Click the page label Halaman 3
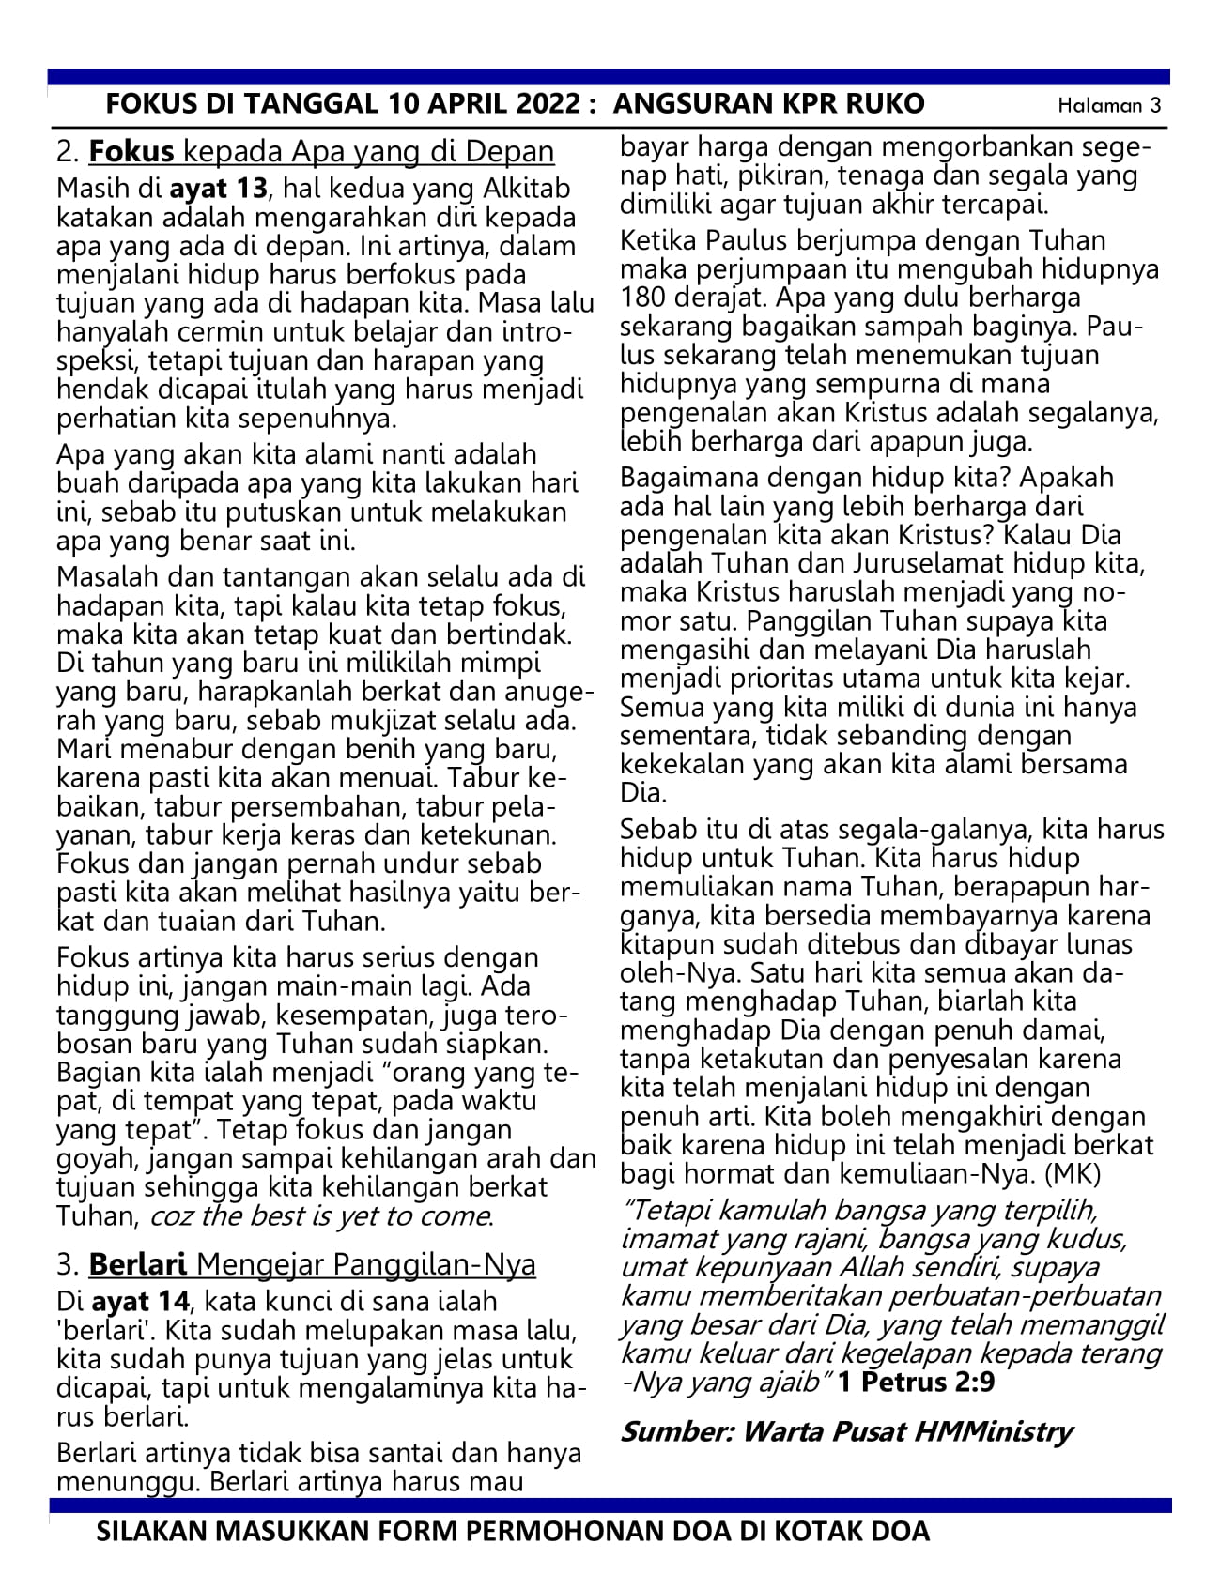1109,105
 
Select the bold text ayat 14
141,1301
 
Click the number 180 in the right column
644,298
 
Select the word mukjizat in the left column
427,721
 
